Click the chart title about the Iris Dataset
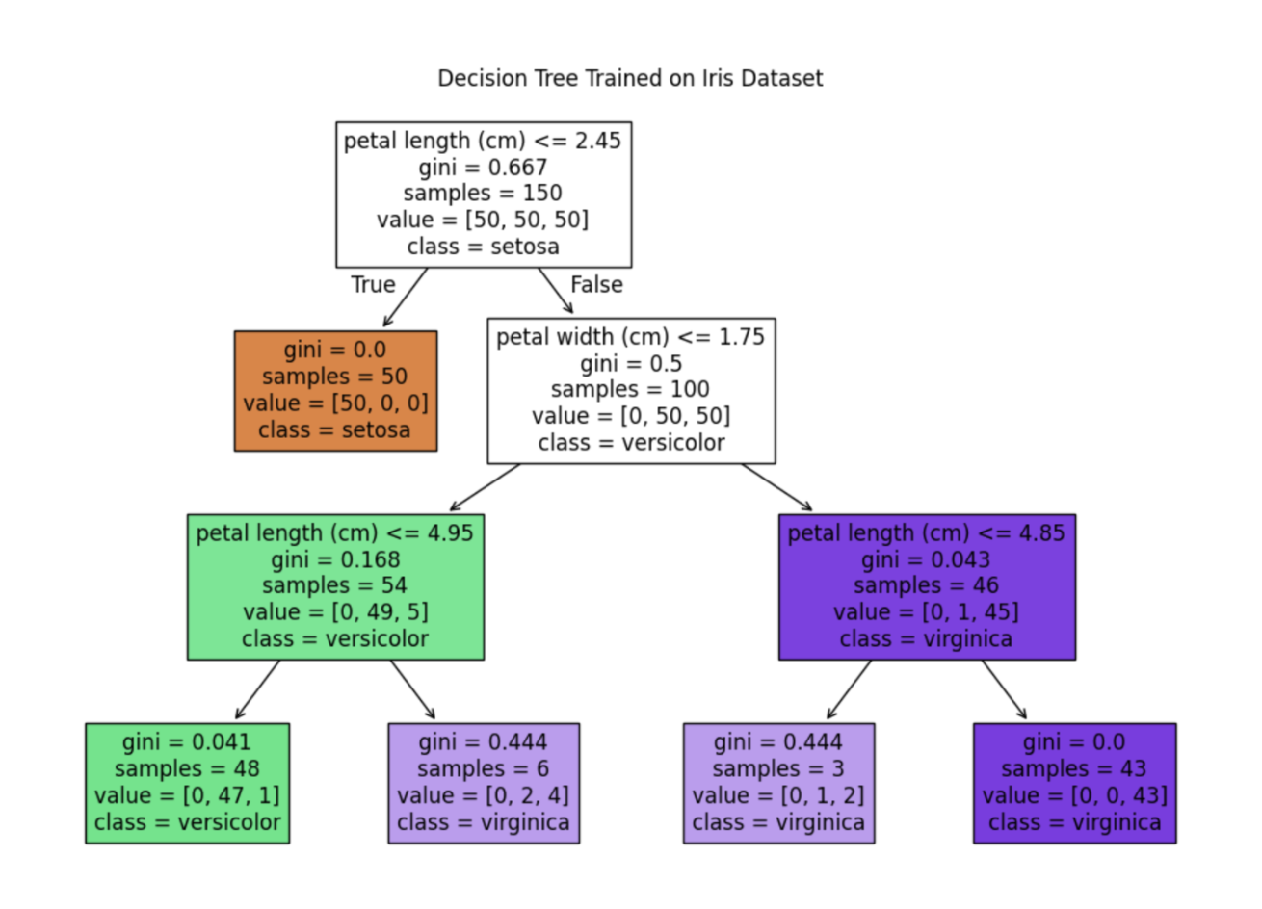pos(630,78)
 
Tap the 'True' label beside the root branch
pos(373,285)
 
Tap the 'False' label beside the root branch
pos(596,285)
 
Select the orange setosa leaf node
pos(335,390)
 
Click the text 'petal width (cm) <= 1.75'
pos(630,337)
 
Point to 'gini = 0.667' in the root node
pos(483,168)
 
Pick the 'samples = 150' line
pos(483,194)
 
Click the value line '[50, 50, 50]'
pos(483,220)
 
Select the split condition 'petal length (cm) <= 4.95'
pos(334,533)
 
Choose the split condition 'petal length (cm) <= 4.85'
pos(926,533)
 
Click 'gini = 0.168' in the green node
pos(335,559)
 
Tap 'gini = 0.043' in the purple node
pos(926,559)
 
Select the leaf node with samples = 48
pos(187,783)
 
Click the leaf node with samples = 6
pos(483,783)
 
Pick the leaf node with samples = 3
pos(778,783)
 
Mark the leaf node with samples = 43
pos(1074,783)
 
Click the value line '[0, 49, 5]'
pos(335,612)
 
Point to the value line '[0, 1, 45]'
pos(926,612)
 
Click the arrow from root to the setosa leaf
pos(405,298)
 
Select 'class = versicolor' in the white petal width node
pos(631,443)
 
